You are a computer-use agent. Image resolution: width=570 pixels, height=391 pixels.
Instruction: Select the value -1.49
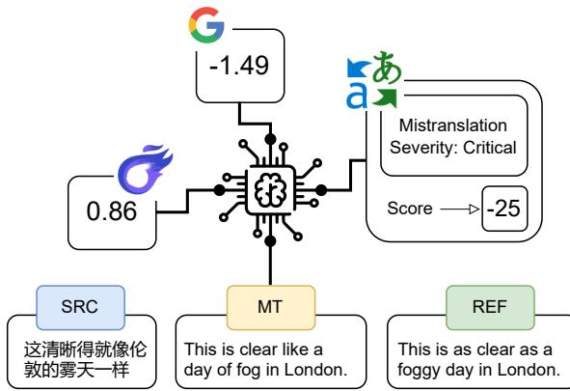click(232, 69)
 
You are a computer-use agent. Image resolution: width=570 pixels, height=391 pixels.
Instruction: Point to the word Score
click(408, 208)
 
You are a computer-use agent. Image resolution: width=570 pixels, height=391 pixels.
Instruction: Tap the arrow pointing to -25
click(455, 208)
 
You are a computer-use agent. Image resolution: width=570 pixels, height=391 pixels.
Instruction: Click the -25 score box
click(501, 208)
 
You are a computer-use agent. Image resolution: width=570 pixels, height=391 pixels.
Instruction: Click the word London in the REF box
click(529, 368)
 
